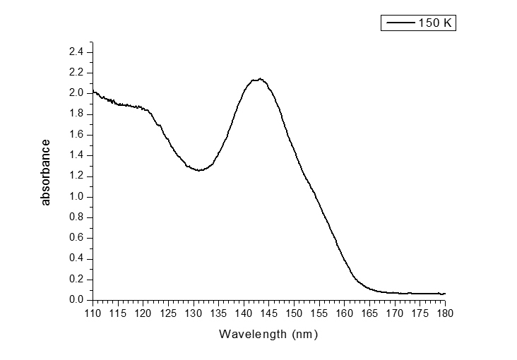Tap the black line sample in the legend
coord(400,23)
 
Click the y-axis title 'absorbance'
coord(46,172)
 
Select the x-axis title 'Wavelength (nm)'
coord(268,333)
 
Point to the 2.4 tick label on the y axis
coord(76,52)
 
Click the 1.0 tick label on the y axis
coord(76,197)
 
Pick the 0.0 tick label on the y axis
coord(76,300)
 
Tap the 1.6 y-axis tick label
coord(76,135)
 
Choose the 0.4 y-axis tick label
coord(76,259)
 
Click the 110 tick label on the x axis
coord(93,313)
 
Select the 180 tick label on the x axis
coord(445,313)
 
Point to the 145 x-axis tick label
coord(269,313)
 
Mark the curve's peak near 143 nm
coord(260,79)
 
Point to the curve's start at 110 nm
coord(94,92)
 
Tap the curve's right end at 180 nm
coord(445,294)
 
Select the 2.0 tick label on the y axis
coord(76,93)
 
